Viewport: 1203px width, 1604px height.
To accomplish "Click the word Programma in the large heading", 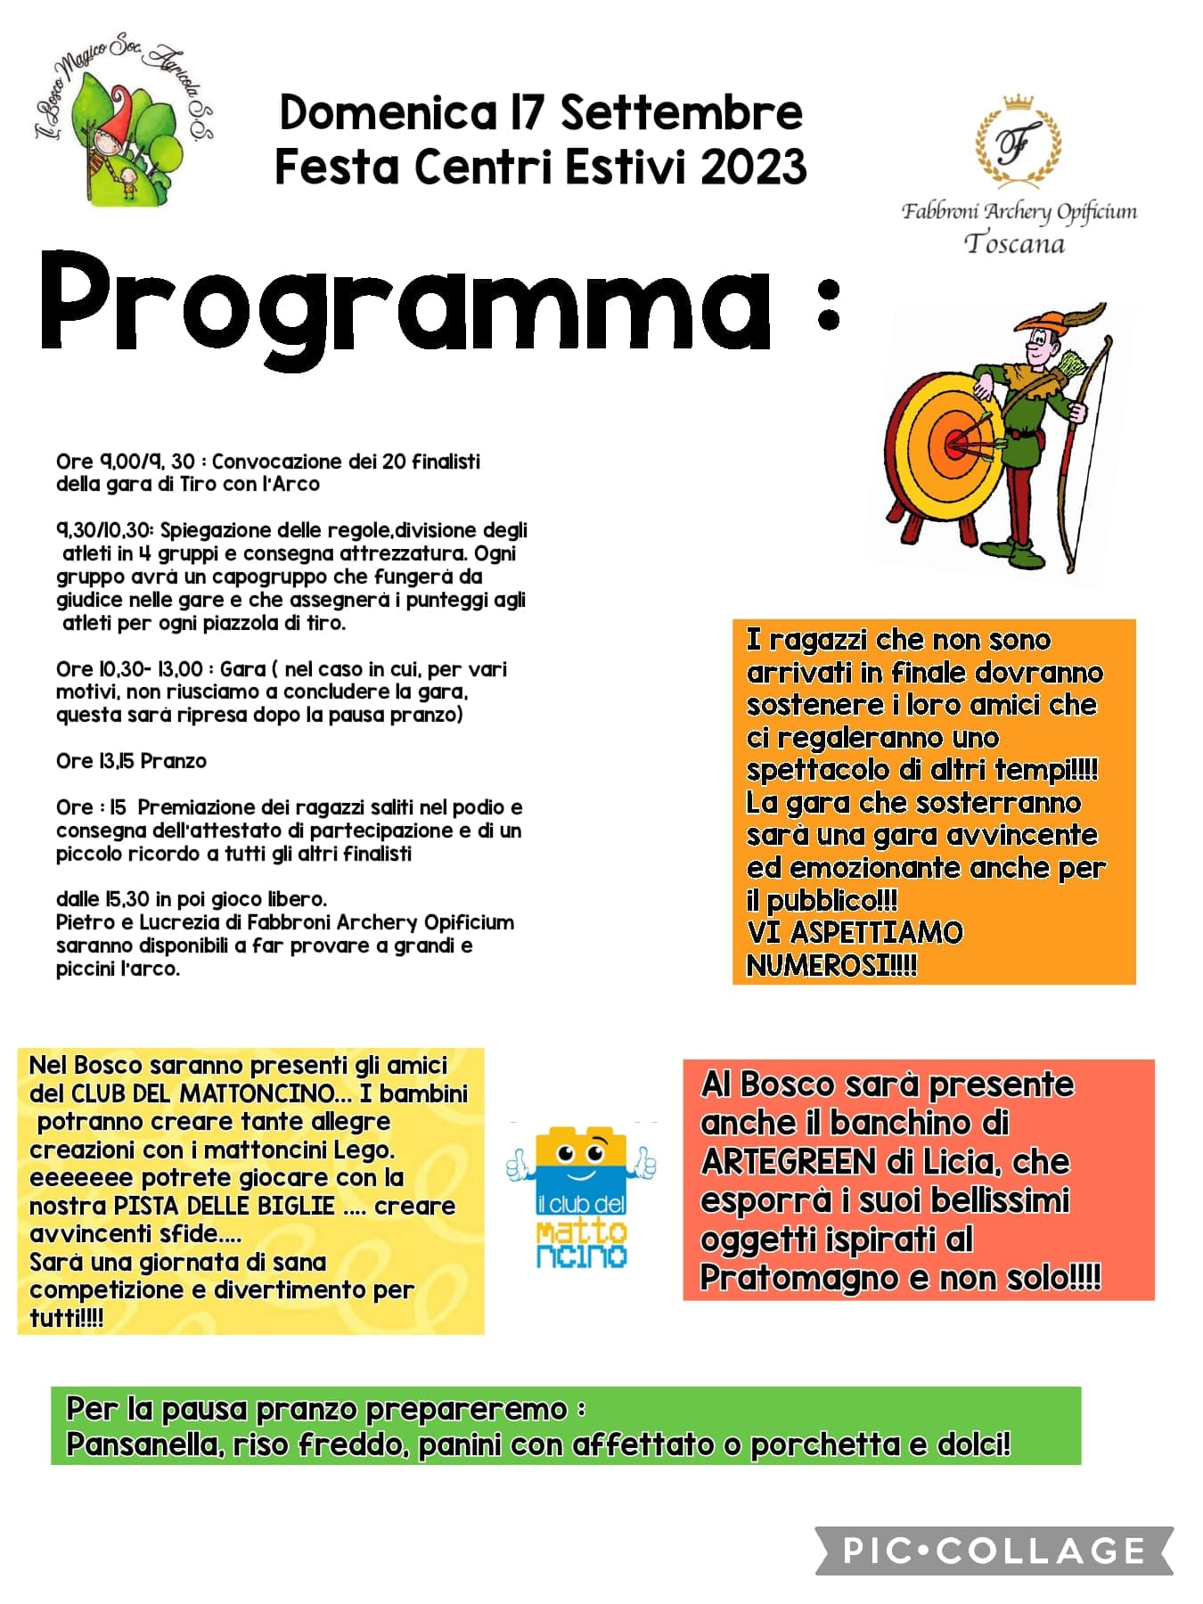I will [405, 303].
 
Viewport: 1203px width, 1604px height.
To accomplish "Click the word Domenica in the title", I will [387, 113].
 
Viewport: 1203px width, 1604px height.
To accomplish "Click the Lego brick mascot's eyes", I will [581, 1155].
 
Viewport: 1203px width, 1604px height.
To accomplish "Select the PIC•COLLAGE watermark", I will [994, 1551].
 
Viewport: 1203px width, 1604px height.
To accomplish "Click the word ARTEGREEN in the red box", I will [776, 1162].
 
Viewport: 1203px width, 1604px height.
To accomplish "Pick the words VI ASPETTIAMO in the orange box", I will [855, 933].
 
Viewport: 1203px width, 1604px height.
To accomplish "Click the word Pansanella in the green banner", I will [145, 1444].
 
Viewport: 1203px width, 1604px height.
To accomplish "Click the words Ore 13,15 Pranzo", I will [131, 761].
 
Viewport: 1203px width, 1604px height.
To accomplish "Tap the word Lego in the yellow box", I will [362, 1150].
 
